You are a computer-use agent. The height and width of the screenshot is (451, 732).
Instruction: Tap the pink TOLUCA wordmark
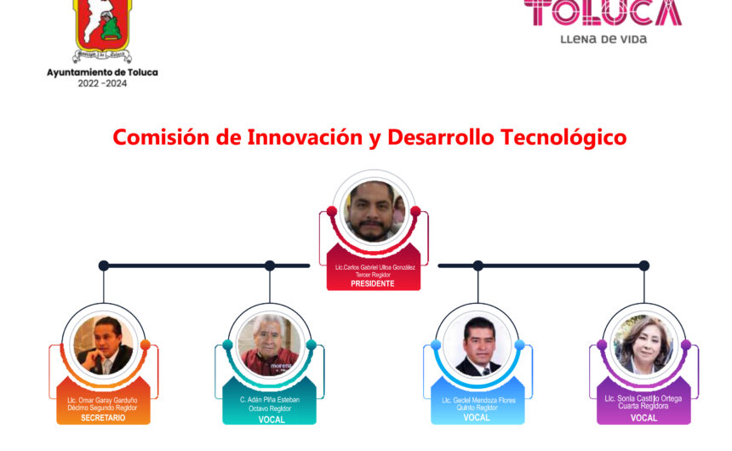coord(603,13)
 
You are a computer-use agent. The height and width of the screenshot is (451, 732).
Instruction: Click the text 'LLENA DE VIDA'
coord(603,39)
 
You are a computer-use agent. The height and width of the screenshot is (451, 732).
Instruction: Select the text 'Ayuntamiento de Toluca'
coord(102,72)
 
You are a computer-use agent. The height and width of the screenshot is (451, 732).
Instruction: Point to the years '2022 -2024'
coord(102,83)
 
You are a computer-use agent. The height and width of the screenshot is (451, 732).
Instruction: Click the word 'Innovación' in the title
coord(305,137)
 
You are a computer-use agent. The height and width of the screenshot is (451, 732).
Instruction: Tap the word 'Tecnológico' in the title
coord(563,137)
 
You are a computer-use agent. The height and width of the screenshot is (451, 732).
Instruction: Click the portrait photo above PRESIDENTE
coord(374,212)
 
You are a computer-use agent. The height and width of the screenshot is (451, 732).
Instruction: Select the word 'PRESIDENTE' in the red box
coord(373,283)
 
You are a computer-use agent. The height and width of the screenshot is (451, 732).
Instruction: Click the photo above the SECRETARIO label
coord(104,345)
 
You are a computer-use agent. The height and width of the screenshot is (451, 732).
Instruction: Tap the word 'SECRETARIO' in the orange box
coord(103,418)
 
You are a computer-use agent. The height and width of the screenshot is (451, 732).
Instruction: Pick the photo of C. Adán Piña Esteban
coord(269,345)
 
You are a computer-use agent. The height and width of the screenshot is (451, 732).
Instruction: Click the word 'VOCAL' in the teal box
coord(272,420)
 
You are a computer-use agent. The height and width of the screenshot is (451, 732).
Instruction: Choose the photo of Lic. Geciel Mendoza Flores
coord(478,345)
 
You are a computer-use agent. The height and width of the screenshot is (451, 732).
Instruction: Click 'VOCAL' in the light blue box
coord(477,417)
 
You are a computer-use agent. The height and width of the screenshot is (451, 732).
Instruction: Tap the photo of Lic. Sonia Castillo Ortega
coord(643,345)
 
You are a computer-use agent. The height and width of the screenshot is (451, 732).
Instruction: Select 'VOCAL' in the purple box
coord(643,418)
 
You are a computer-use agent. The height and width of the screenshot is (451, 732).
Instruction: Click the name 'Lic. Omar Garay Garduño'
coord(102,400)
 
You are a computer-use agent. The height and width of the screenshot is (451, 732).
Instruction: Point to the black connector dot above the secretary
coord(104,265)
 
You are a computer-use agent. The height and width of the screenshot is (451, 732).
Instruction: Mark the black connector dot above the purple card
coord(644,265)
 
